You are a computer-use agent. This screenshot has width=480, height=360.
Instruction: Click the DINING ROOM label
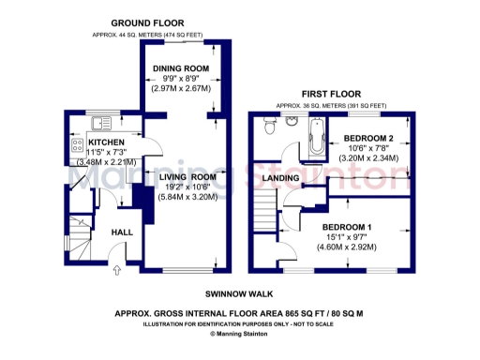pyautogui.click(x=182, y=68)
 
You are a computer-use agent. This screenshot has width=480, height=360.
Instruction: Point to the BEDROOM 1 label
pyautogui.click(x=347, y=228)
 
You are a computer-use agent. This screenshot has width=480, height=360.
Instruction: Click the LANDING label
pyautogui.click(x=281, y=177)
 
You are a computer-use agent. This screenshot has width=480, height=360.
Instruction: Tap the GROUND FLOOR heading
pyautogui.click(x=147, y=22)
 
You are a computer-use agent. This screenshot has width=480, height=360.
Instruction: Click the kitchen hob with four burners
pyautogui.click(x=75, y=146)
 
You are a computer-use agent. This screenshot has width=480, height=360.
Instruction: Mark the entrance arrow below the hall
pyautogui.click(x=116, y=272)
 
